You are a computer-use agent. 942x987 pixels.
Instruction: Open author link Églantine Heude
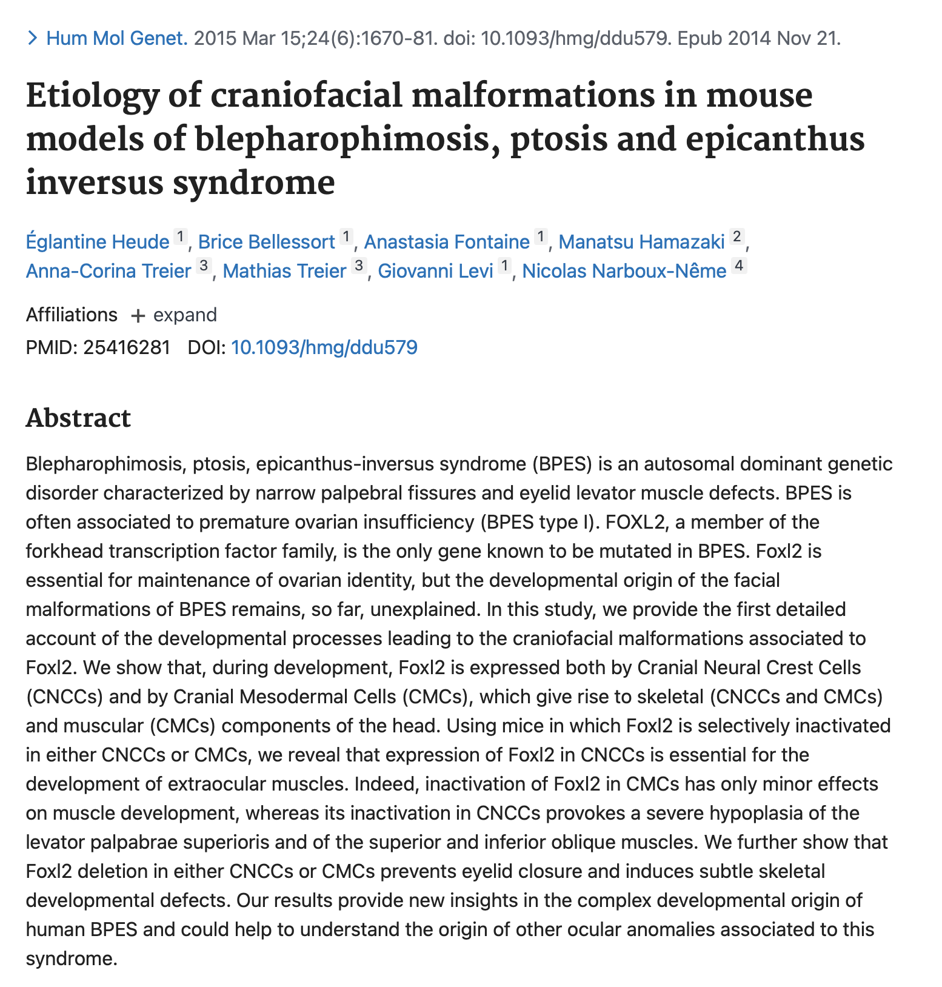[x=98, y=242]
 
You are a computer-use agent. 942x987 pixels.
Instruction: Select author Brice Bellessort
[x=266, y=242]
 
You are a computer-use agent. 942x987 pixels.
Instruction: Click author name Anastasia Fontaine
[x=446, y=242]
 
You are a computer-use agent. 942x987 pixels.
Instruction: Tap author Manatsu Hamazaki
[x=641, y=242]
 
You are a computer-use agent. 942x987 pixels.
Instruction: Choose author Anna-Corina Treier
[x=109, y=271]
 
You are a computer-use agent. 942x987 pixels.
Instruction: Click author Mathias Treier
[x=284, y=271]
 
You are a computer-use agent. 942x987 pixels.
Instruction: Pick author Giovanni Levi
[x=435, y=271]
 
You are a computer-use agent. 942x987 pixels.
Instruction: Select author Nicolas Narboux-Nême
[x=624, y=271]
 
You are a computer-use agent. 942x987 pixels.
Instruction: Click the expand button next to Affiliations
[x=175, y=315]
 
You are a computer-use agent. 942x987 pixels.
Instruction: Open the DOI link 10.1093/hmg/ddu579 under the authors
[x=324, y=347]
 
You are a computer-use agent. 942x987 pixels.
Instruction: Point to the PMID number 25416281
[x=127, y=347]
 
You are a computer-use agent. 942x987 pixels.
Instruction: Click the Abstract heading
[x=78, y=418]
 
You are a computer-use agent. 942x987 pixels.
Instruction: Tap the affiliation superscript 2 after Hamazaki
[x=737, y=236]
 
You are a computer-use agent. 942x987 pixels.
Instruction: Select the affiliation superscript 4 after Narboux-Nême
[x=738, y=265]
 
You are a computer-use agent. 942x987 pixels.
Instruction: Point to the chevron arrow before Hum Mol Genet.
[x=33, y=39]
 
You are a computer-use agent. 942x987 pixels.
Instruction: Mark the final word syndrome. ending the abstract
[x=71, y=959]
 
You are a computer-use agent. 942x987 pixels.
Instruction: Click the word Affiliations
[x=72, y=315]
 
